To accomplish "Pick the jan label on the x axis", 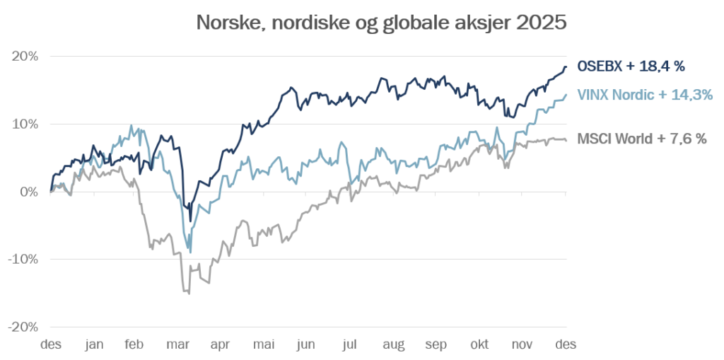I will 94,344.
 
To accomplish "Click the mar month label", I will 179,344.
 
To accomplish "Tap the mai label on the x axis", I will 264,344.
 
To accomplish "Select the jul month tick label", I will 350,344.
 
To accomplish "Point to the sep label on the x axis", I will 436,344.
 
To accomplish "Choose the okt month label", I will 479,344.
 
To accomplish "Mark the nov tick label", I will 522,344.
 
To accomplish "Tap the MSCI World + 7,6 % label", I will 642,139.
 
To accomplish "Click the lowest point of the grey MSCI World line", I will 189,293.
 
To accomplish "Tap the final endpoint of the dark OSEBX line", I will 566,66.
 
